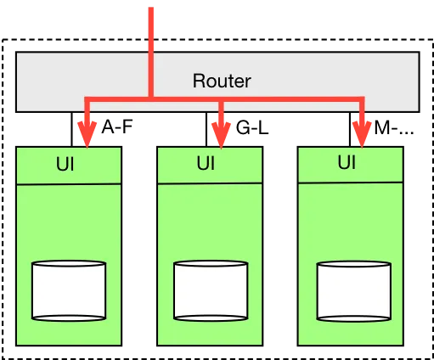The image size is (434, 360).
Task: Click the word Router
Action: click(x=223, y=82)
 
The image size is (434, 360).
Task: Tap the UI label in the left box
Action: click(x=65, y=165)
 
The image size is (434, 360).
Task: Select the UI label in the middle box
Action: click(x=206, y=164)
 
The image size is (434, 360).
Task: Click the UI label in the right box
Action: click(x=346, y=161)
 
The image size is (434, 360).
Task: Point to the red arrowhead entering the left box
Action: click(x=86, y=132)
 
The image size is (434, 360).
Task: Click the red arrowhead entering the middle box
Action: click(x=221, y=132)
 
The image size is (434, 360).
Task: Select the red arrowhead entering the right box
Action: click(x=363, y=132)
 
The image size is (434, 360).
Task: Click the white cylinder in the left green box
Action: click(x=69, y=290)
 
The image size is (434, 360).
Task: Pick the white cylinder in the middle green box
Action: click(x=211, y=290)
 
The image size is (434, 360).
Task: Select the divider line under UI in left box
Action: click(x=69, y=183)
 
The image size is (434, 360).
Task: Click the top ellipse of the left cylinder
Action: click(x=69, y=266)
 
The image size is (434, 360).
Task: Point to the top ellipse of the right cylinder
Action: click(x=352, y=267)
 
